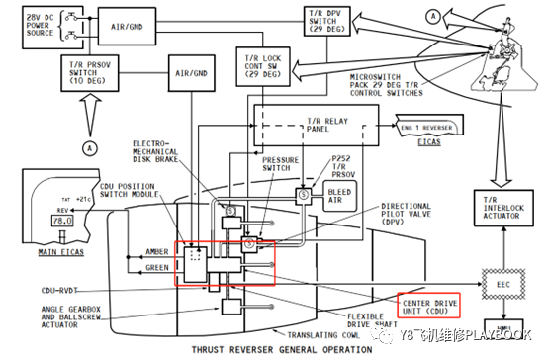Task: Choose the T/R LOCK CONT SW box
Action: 259,64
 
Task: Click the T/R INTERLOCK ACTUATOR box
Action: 501,210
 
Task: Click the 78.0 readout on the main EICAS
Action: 61,223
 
